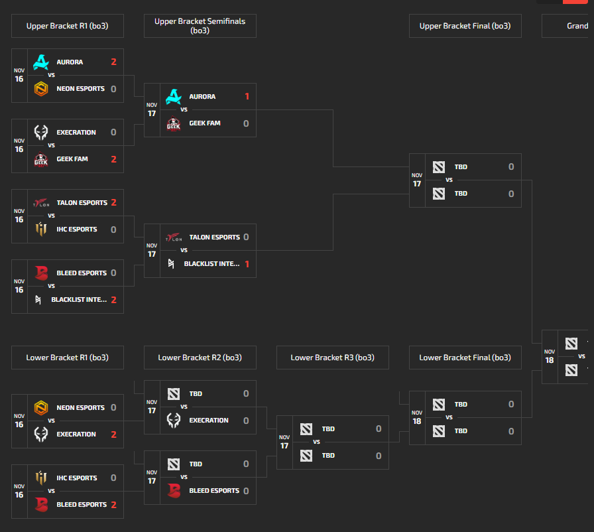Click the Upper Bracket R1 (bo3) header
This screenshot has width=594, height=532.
pos(67,26)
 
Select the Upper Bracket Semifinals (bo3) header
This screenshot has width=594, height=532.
pos(200,26)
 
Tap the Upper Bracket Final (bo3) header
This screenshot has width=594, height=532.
pos(465,26)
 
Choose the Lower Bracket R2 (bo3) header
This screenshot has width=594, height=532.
pos(200,358)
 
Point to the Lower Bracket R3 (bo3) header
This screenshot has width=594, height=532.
pos(332,358)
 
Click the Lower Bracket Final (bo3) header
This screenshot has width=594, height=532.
pos(465,358)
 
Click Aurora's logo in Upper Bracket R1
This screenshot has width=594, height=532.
pos(41,62)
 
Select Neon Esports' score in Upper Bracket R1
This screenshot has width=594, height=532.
pos(113,89)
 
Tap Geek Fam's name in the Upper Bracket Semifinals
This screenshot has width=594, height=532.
pos(205,123)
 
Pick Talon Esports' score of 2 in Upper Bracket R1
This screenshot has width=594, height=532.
pos(113,202)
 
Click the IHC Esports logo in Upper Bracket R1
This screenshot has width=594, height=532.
pos(41,230)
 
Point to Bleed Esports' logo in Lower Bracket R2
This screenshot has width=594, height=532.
pos(174,491)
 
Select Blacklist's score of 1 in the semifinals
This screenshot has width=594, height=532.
pos(247,264)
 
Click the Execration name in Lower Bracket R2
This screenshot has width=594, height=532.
pos(209,421)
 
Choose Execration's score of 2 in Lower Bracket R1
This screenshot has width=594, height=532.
pos(113,434)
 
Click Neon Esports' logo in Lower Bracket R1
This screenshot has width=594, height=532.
pos(41,408)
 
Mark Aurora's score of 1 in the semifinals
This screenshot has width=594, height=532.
pos(247,96)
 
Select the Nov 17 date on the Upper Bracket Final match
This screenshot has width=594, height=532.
pos(417,180)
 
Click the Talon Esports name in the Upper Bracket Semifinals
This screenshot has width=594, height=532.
pos(214,237)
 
